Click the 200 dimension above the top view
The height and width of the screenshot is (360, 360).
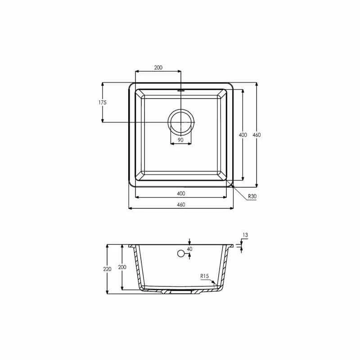pyautogui.click(x=158, y=67)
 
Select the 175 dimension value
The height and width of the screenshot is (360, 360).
pyautogui.click(x=103, y=103)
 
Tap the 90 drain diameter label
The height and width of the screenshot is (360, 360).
pyautogui.click(x=181, y=140)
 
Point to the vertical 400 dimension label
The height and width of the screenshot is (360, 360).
pyautogui.click(x=243, y=135)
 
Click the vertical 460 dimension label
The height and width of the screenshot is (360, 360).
pyautogui.click(x=256, y=135)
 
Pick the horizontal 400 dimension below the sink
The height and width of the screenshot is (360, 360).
pyautogui.click(x=181, y=193)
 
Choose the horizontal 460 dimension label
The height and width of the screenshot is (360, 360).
pyautogui.click(x=181, y=205)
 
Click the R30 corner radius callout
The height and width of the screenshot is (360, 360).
pyautogui.click(x=252, y=196)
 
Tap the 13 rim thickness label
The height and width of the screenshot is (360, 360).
pyautogui.click(x=245, y=235)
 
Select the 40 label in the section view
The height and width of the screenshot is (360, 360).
pyautogui.click(x=189, y=249)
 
